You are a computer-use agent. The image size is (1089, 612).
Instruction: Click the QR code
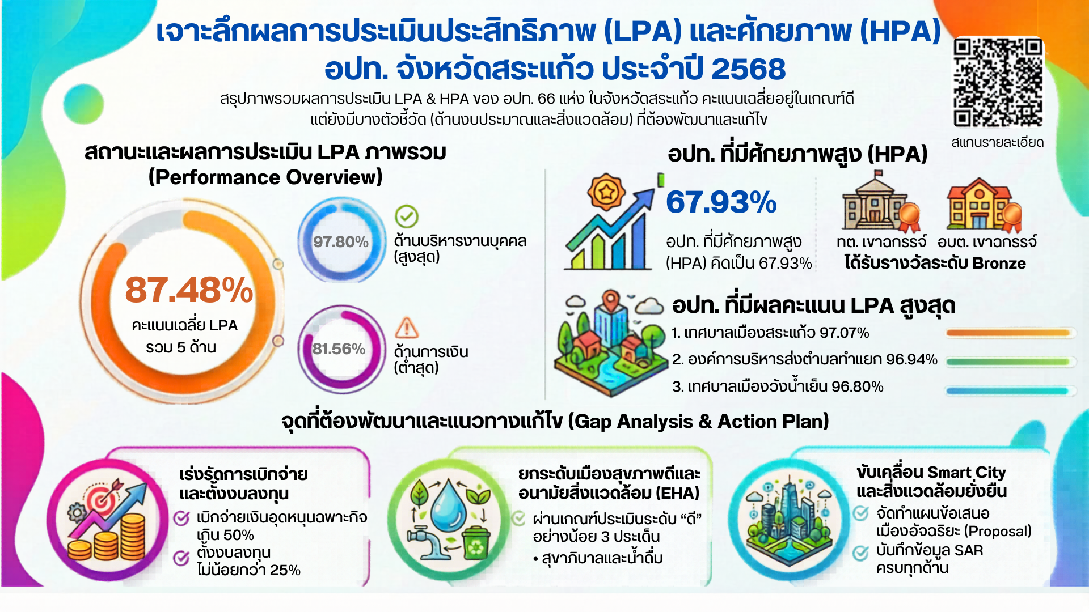pos(998,83)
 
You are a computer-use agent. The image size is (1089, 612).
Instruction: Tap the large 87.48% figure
pos(189,290)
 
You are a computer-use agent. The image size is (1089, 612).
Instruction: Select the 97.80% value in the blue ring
pos(341,242)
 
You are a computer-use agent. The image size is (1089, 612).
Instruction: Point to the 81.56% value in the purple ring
pos(339,348)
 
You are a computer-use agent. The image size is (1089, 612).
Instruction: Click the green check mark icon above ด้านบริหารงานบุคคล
pos(406,216)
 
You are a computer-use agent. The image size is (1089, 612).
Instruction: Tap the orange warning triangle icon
pos(407,328)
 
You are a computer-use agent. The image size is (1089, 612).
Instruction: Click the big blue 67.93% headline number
pos(721,202)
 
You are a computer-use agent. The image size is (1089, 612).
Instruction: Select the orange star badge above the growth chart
pos(606,193)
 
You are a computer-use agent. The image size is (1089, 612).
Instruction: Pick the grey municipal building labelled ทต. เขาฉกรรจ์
pos(880,202)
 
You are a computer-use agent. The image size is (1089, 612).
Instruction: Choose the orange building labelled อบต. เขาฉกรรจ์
pos(984,204)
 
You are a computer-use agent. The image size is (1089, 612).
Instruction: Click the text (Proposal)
pos(998,531)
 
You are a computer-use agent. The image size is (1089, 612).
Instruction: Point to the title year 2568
pos(748,69)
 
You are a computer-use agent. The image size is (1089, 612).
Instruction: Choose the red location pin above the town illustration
pos(610,300)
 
